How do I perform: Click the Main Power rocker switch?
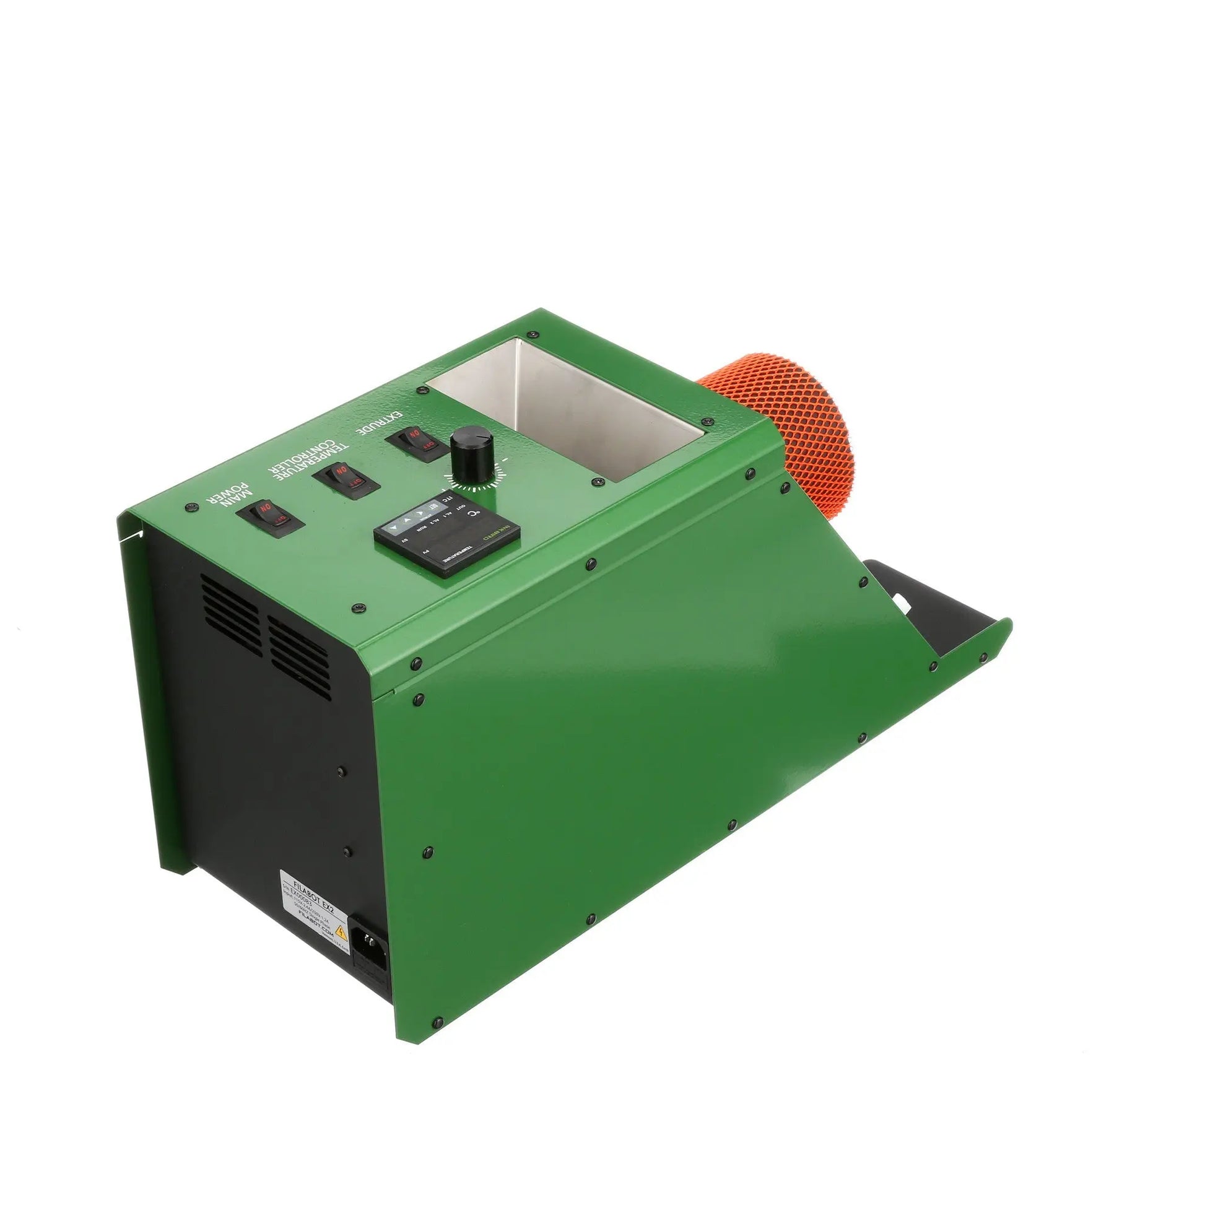269,518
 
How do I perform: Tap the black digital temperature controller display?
446,537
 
